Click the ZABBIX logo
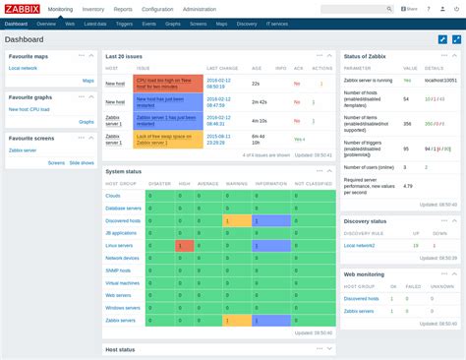[23, 9]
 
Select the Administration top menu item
[200, 9]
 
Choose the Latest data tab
[95, 23]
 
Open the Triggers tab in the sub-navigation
[123, 23]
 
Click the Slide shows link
[82, 163]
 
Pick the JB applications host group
[121, 232]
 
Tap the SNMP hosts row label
[121, 270]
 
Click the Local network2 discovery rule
[361, 244]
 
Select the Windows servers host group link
[123, 307]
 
